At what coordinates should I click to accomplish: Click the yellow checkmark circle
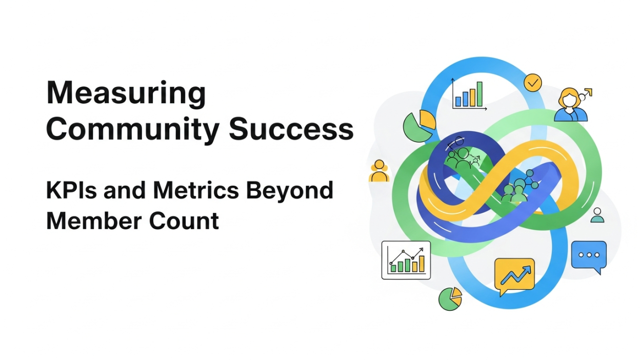(533, 82)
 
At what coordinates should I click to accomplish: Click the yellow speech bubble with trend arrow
(514, 276)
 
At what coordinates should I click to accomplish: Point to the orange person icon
(379, 171)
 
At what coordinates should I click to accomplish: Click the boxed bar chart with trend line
(406, 260)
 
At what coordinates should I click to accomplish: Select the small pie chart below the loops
(450, 298)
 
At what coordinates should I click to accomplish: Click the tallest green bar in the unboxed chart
(479, 94)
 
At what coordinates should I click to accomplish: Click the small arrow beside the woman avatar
(587, 93)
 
